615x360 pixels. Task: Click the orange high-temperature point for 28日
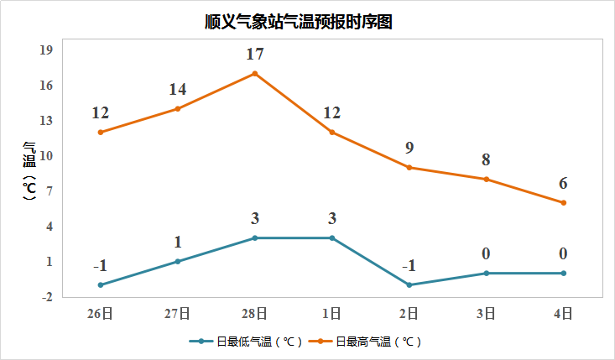pyautogui.click(x=255, y=74)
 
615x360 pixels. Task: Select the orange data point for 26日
pyautogui.click(x=101, y=133)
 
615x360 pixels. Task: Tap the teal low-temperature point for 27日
pyautogui.click(x=178, y=262)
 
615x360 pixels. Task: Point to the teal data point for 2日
pyautogui.click(x=409, y=285)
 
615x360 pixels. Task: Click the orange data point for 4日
pyautogui.click(x=564, y=203)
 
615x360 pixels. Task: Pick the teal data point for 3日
pyautogui.click(x=487, y=274)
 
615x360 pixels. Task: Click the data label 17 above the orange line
pyautogui.click(x=255, y=55)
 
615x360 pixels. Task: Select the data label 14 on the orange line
pyautogui.click(x=178, y=90)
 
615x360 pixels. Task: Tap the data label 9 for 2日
pyautogui.click(x=409, y=149)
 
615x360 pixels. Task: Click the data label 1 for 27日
pyautogui.click(x=178, y=243)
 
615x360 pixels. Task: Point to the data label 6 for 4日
pyautogui.click(x=564, y=184)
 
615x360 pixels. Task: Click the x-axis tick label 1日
pyautogui.click(x=332, y=314)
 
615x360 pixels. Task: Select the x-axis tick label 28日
pyautogui.click(x=255, y=314)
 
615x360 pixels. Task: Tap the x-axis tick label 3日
pyautogui.click(x=487, y=314)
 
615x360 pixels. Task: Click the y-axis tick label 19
pyautogui.click(x=46, y=50)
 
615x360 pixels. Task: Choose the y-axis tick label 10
pyautogui.click(x=46, y=156)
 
